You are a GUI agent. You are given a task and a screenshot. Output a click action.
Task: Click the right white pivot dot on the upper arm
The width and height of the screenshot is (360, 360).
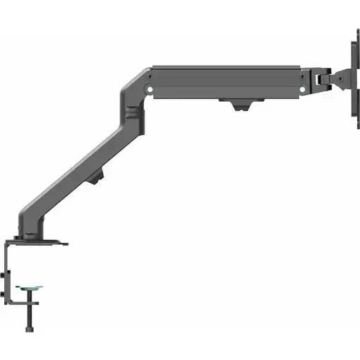click(x=301, y=90)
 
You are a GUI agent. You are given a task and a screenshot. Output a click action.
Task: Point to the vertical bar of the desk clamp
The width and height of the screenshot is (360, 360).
click(x=9, y=275)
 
